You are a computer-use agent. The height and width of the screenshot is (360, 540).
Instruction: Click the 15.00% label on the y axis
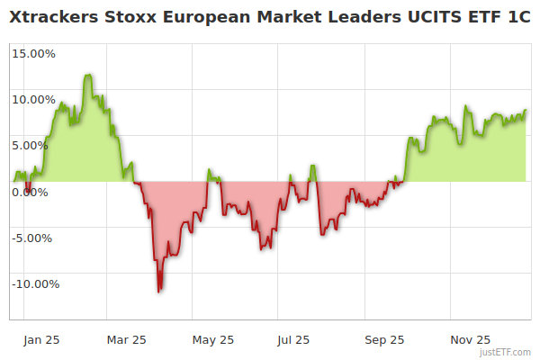coord(33,53)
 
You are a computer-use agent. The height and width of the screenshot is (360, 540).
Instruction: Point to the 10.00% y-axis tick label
coord(33,99)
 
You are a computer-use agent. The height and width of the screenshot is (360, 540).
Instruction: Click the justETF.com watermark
coord(504,353)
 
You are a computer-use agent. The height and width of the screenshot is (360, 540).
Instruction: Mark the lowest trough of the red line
coord(159,292)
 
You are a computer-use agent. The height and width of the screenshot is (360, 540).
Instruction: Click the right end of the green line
coord(526,110)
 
